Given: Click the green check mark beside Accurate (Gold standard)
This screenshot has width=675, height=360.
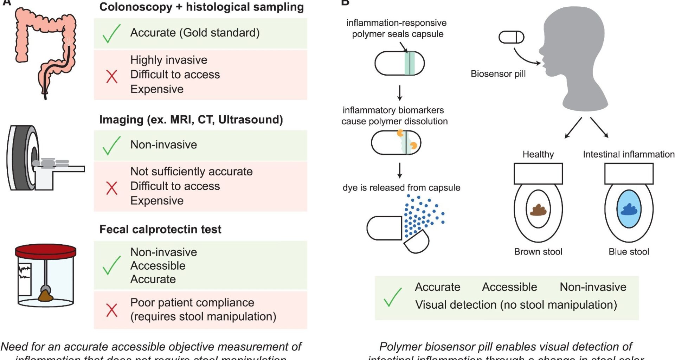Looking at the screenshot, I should pyautogui.click(x=111, y=34).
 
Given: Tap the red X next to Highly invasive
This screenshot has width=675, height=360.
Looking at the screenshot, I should pyautogui.click(x=112, y=76).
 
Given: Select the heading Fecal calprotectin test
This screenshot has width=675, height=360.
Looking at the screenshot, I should pyautogui.click(x=160, y=229).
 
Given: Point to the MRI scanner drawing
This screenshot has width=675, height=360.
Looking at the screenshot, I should pyautogui.click(x=25, y=158).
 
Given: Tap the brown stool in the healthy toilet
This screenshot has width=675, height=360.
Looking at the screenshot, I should pyautogui.click(x=538, y=210).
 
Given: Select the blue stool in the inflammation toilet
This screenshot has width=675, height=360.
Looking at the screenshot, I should pyautogui.click(x=629, y=210).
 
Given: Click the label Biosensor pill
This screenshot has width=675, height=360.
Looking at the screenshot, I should pyautogui.click(x=498, y=74).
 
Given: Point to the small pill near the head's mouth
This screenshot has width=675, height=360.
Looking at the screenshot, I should pyautogui.click(x=512, y=37).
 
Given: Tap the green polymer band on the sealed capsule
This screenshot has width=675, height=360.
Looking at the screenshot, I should pyautogui.click(x=410, y=64).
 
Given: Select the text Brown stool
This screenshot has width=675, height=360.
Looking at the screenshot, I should pyautogui.click(x=538, y=252).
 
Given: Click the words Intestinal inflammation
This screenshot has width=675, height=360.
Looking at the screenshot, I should pyautogui.click(x=629, y=154).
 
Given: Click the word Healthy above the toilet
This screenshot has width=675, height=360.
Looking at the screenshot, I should pyautogui.click(x=538, y=154).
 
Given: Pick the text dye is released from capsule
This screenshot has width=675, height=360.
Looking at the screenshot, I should pyautogui.click(x=401, y=188).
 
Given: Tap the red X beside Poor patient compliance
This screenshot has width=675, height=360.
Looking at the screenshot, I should pyautogui.click(x=112, y=310).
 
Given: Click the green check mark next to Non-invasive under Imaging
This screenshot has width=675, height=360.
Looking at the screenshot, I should pyautogui.click(x=111, y=146).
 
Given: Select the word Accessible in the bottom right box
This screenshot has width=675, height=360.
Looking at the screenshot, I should pyautogui.click(x=509, y=287).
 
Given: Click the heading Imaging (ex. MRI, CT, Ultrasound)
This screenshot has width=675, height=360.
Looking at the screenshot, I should pyautogui.click(x=191, y=120).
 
